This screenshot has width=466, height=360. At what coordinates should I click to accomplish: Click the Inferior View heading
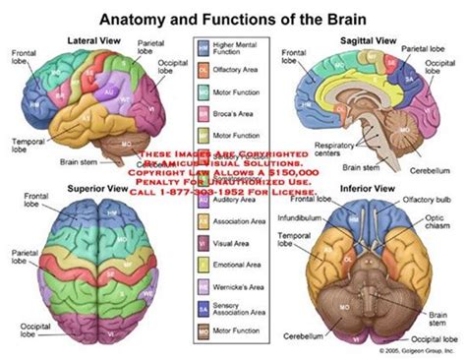click(363, 187)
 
